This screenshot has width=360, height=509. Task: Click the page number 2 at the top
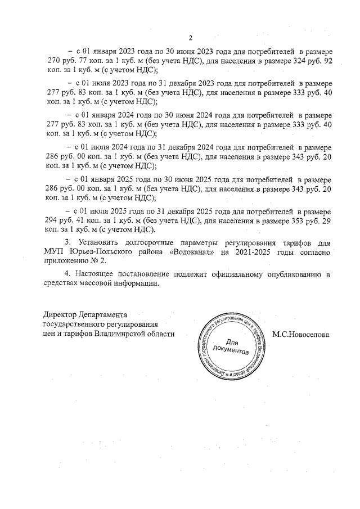click(191, 38)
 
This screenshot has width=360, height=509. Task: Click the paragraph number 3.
click(68, 241)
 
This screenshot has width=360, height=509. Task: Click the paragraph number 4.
click(68, 273)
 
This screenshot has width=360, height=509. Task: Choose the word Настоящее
click(97, 273)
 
